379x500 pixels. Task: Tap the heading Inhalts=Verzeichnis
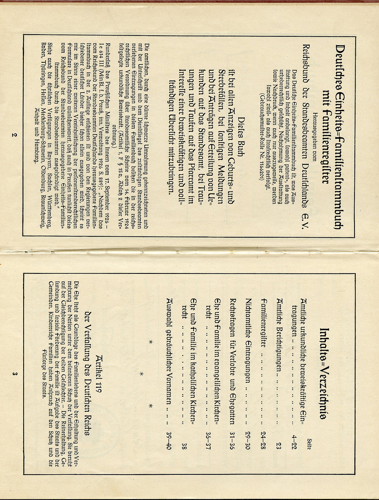324,373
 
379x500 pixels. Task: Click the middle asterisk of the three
142,374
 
